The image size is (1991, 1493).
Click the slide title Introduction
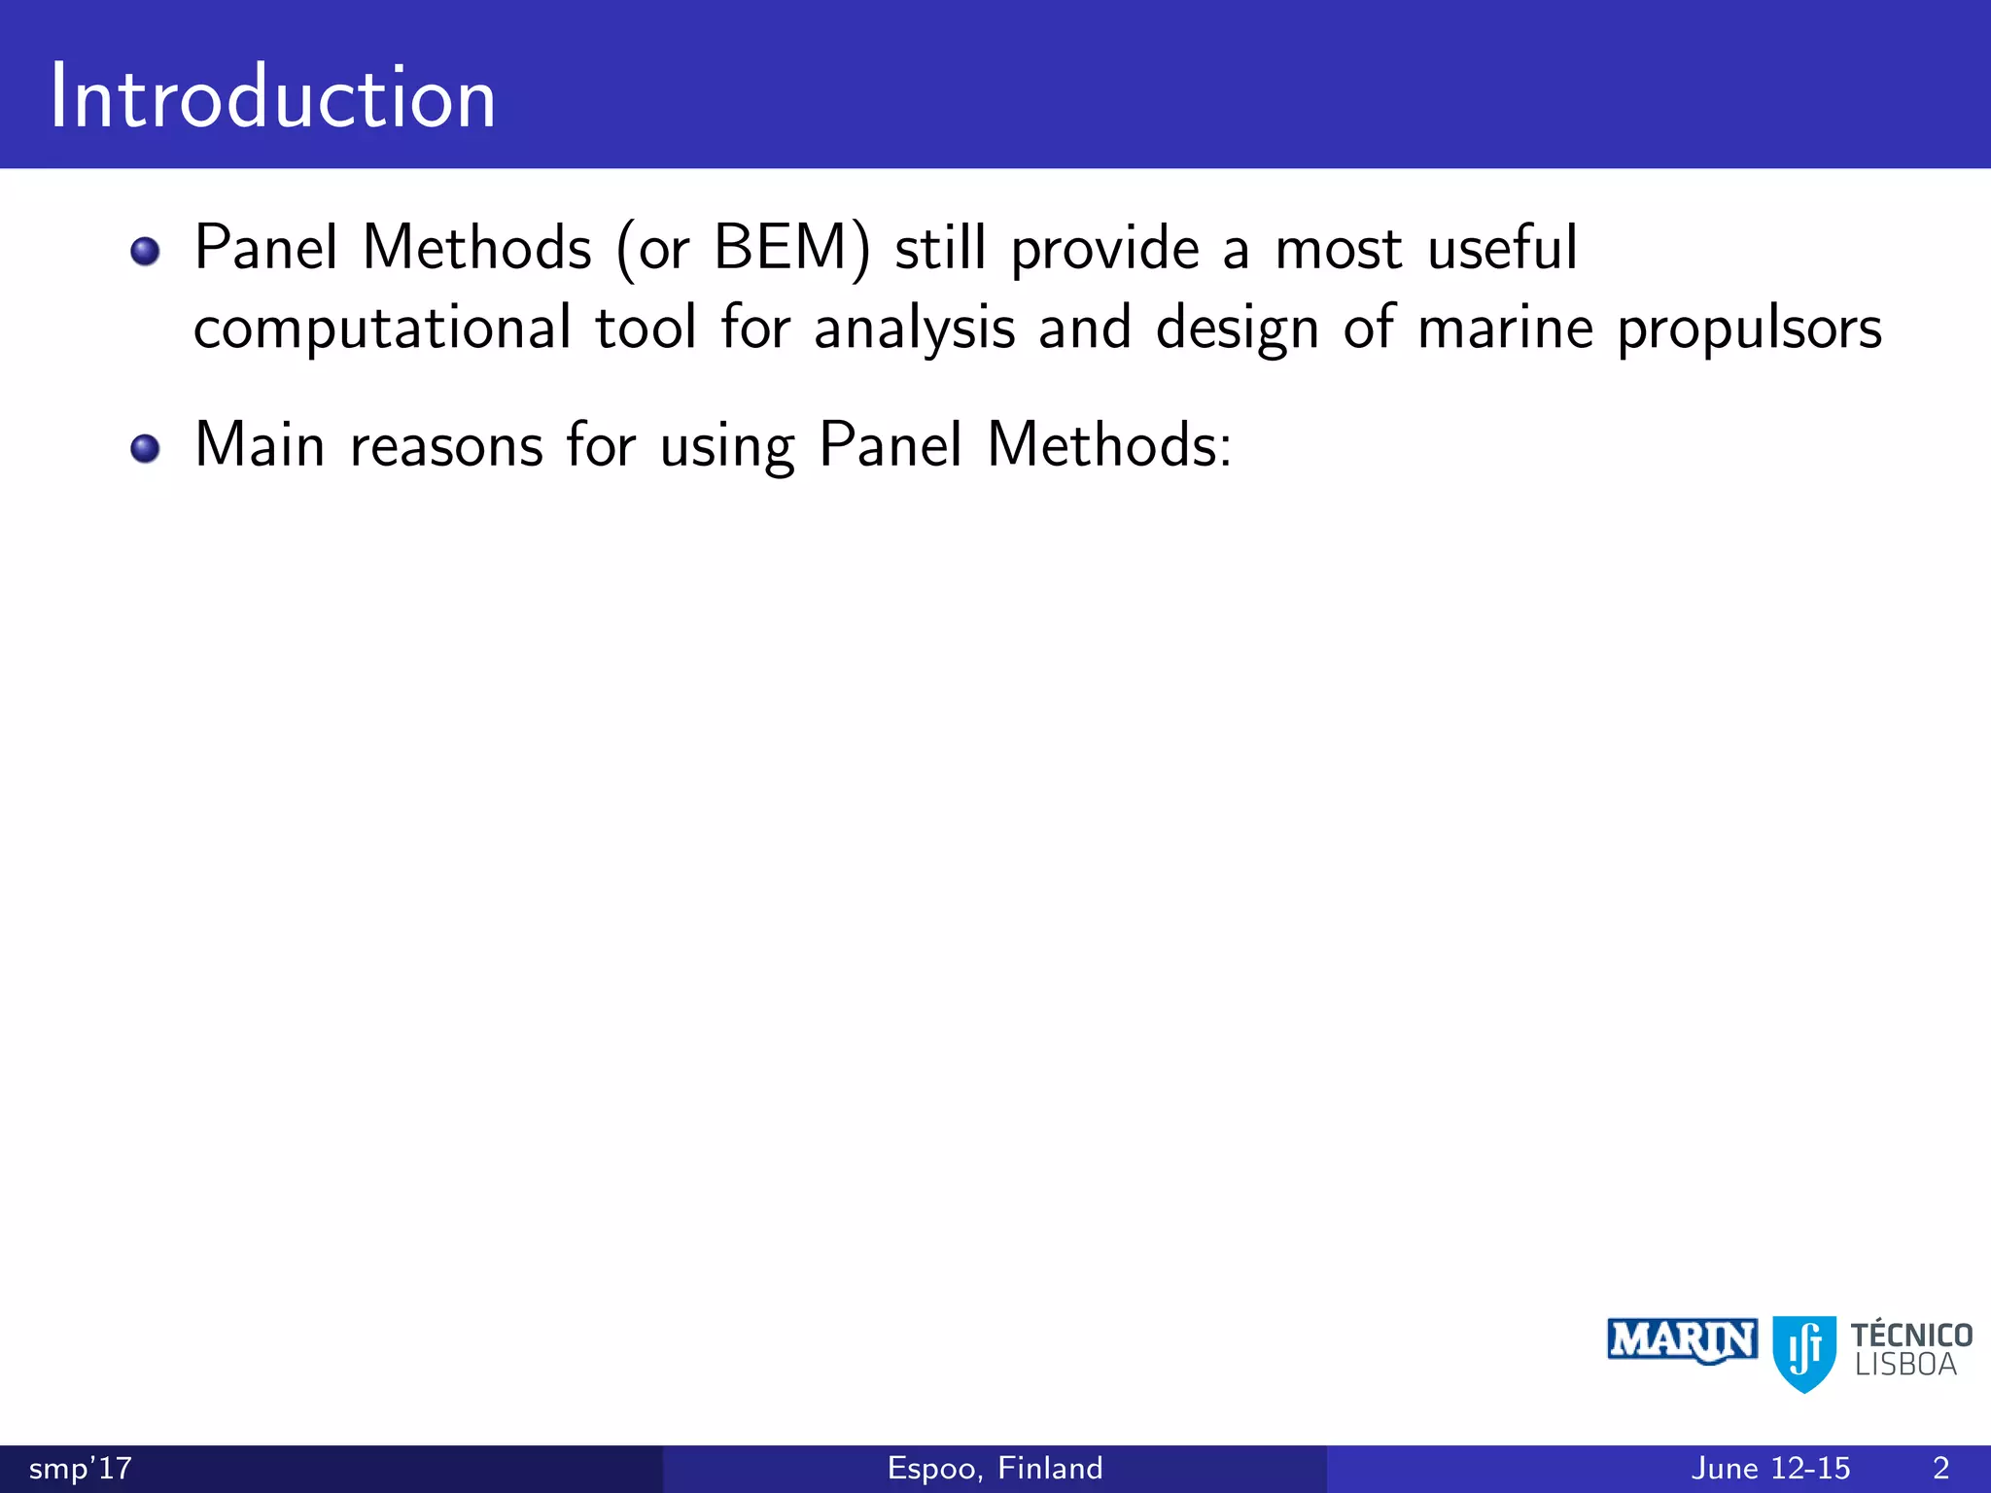273,97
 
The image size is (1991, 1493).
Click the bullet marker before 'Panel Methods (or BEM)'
145,252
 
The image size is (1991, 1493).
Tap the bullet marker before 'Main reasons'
145,449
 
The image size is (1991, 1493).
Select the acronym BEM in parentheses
781,248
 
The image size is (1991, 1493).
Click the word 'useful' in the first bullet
1502,248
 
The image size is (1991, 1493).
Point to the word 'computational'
382,330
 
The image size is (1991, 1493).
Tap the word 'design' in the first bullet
1237,330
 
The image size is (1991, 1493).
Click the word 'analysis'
914,330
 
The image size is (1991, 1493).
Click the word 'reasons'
446,447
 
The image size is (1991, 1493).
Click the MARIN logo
1682,1341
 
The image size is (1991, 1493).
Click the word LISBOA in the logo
1905,1366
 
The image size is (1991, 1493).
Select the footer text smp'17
81,1469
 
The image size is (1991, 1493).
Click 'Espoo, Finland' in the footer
995,1468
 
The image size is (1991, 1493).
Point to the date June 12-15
1770,1469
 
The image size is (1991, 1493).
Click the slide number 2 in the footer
1940,1469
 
